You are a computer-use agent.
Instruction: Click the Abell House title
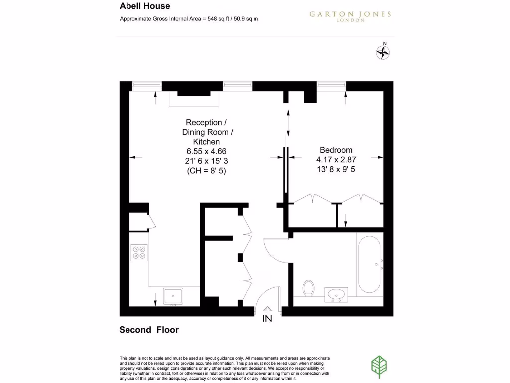pos(144,6)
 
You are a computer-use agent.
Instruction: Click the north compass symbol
pos(382,51)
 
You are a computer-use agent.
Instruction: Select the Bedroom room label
pos(336,150)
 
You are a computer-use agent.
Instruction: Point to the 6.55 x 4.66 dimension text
pos(209,151)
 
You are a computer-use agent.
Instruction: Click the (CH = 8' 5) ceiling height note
pos(209,170)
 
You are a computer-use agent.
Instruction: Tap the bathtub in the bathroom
pos(370,265)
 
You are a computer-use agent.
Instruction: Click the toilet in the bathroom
pos(309,288)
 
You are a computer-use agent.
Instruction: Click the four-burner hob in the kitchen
pos(139,253)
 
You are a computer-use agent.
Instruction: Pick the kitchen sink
pos(173,296)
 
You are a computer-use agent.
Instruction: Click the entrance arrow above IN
pos(267,310)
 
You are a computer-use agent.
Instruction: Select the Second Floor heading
pos(149,330)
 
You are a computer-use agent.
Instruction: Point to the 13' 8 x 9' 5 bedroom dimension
pos(336,169)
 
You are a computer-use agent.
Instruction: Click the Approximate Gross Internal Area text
pos(189,19)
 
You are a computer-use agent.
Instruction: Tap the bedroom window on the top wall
pos(331,86)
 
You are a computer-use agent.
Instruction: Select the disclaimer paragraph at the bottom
pos(224,368)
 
